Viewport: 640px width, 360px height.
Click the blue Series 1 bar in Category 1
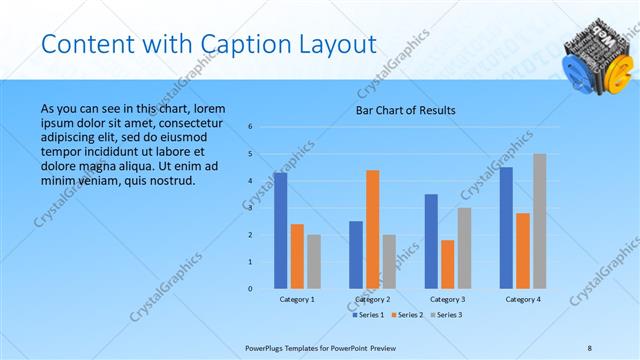coord(280,231)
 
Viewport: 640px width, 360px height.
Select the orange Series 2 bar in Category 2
coord(372,229)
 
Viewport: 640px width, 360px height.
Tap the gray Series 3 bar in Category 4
coord(539,221)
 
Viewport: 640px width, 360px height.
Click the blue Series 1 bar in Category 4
coord(506,228)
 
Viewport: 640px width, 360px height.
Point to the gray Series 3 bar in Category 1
coord(314,262)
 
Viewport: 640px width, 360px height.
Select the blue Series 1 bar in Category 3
coord(431,241)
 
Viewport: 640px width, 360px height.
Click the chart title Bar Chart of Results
coord(406,109)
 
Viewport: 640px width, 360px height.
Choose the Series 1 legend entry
coord(367,314)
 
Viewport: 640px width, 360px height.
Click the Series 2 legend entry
coord(406,314)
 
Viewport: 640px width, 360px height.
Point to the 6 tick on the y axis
coord(250,127)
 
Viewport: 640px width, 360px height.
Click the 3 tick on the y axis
coord(250,208)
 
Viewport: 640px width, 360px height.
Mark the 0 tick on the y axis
coord(250,289)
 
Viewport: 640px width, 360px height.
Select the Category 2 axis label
coord(372,299)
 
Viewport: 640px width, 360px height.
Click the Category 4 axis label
coord(523,299)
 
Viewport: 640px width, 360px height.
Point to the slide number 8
coord(589,346)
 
